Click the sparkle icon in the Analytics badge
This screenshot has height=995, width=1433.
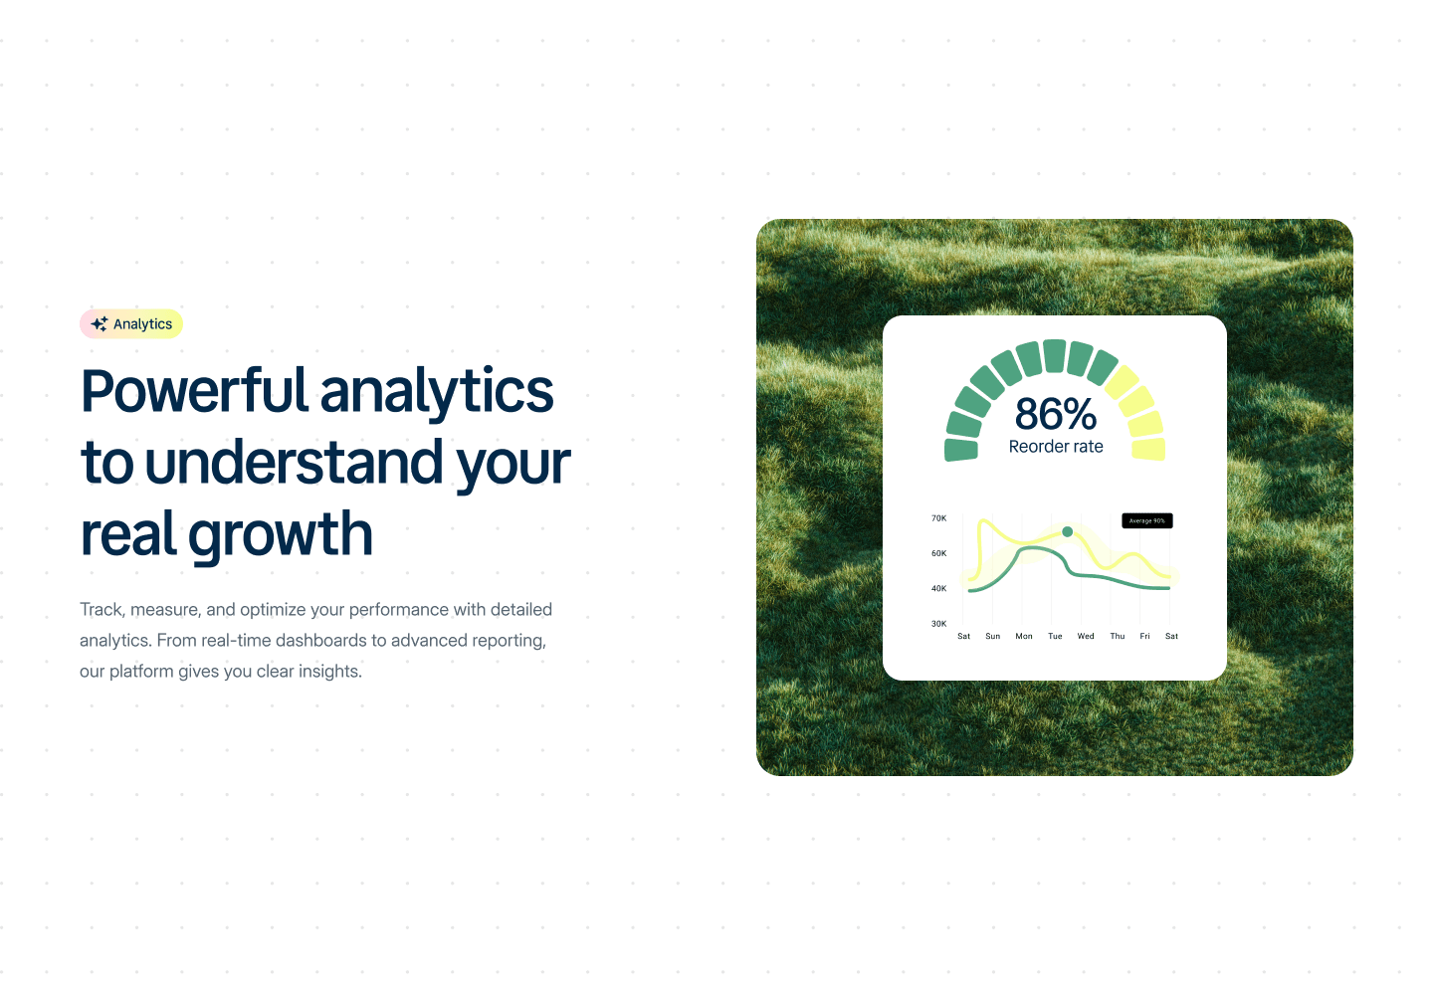coord(100,324)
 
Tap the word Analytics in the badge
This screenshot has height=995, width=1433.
coord(142,324)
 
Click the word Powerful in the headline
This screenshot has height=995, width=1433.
coord(195,391)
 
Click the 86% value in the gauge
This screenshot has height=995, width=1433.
coord(1056,413)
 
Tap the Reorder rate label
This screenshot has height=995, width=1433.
coord(1056,447)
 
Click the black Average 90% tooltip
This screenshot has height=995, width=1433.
coord(1147,520)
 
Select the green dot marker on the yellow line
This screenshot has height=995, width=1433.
coord(1067,531)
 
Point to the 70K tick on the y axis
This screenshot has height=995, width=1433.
coord(938,518)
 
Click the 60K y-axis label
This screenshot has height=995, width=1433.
coord(938,553)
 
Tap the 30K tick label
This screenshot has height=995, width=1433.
coord(938,624)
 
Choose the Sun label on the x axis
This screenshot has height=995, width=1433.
coord(993,636)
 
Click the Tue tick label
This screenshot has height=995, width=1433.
coord(1055,636)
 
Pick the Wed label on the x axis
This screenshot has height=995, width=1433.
coord(1086,636)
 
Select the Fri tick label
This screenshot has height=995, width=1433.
coord(1144,636)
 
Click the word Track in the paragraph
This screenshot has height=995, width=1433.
coord(102,609)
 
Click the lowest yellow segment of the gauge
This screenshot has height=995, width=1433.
coord(1149,449)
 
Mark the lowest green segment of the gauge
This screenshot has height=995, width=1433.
coord(961,450)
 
